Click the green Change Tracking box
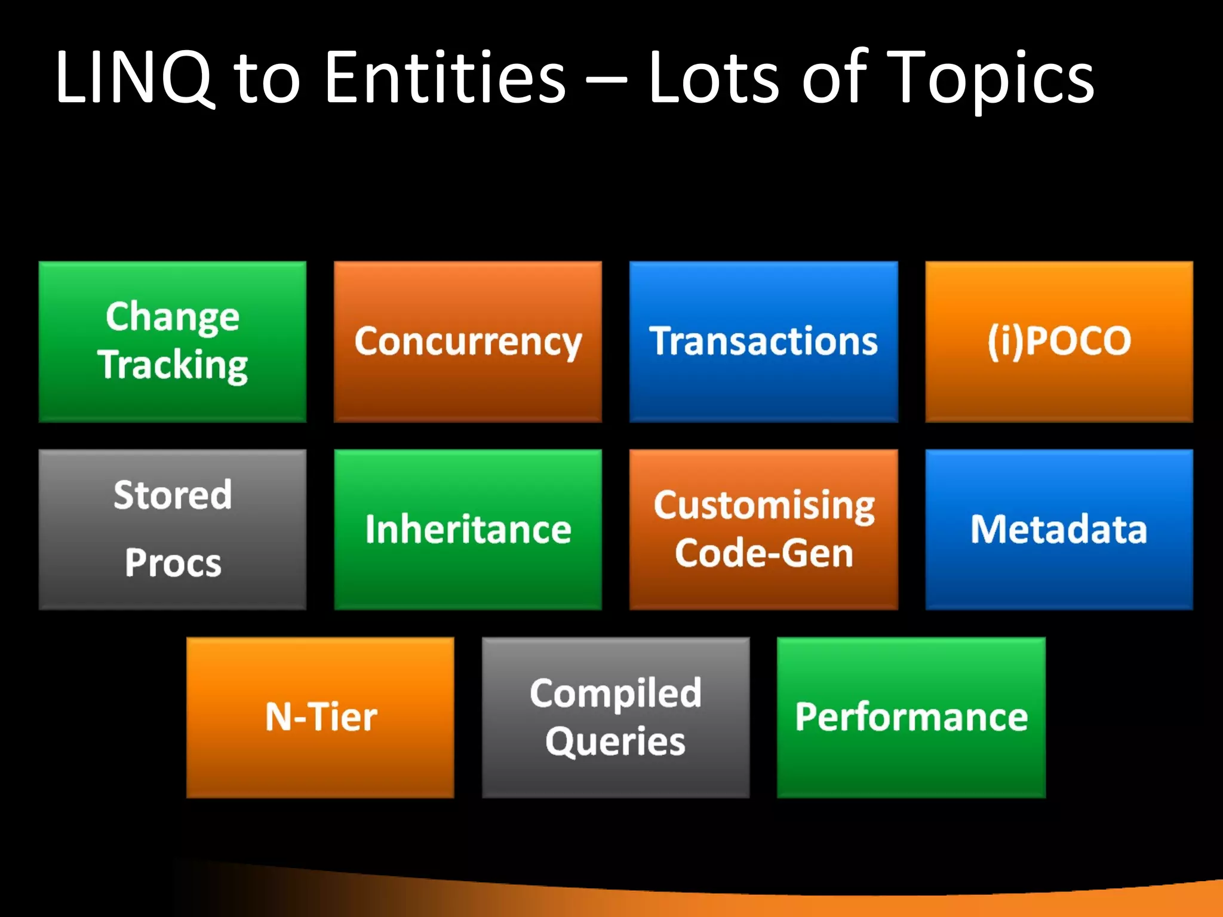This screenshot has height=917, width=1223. pyautogui.click(x=173, y=341)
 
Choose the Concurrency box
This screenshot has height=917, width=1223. pyautogui.click(x=468, y=341)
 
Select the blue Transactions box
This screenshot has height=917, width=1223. pyautogui.click(x=763, y=341)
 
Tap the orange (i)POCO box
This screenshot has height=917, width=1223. pyautogui.click(x=1059, y=341)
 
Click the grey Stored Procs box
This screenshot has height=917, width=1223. pyautogui.click(x=173, y=529)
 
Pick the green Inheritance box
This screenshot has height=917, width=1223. pyautogui.click(x=468, y=529)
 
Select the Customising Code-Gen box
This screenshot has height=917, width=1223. pyautogui.click(x=763, y=529)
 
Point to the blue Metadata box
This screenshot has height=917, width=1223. pyautogui.click(x=1059, y=529)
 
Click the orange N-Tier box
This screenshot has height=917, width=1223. pyautogui.click(x=320, y=717)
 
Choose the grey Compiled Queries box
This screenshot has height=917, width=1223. pyautogui.click(x=616, y=717)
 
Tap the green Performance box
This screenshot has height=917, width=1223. pyautogui.click(x=911, y=717)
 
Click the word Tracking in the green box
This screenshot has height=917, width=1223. pyautogui.click(x=173, y=365)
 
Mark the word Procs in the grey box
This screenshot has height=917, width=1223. pyautogui.click(x=173, y=563)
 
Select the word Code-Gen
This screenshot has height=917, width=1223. pyautogui.click(x=764, y=553)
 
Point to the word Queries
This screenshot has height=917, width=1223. pyautogui.click(x=616, y=742)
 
